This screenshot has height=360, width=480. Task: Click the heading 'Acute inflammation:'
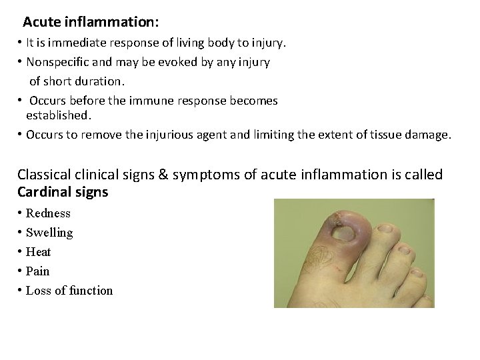[x=91, y=22]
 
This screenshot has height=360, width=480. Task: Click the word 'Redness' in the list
[x=48, y=213]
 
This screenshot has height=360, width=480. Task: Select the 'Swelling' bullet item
[x=49, y=233]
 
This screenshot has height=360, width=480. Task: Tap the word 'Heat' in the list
[x=38, y=252]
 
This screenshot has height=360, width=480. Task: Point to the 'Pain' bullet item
[x=37, y=271]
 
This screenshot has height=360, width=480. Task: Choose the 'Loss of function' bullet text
[x=69, y=291]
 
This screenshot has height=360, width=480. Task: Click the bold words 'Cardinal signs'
[x=63, y=192]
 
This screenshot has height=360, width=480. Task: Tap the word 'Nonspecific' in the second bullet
[x=57, y=62]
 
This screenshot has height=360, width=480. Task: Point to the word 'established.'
[x=59, y=115]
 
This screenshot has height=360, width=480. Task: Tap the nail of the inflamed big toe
[x=345, y=234]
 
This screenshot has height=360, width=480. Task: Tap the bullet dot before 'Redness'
[x=20, y=213]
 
